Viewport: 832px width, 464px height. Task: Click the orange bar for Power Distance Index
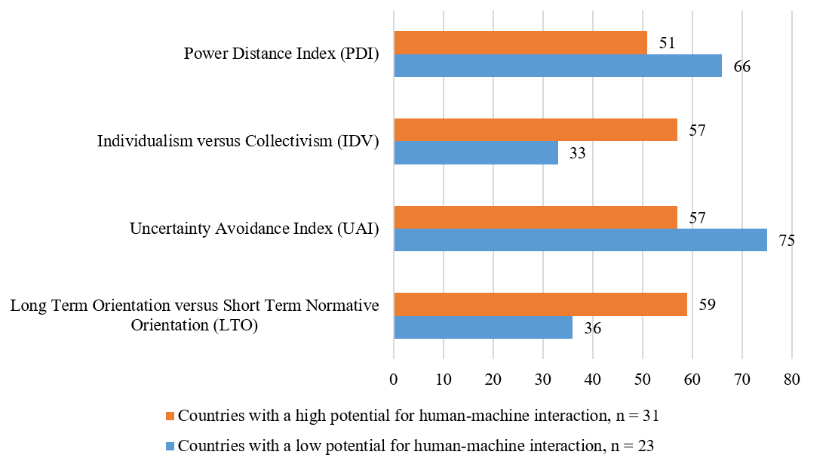point(520,43)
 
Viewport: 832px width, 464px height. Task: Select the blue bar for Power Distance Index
point(557,66)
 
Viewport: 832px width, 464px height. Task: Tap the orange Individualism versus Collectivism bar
point(536,130)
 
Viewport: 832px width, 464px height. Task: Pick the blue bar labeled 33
point(476,153)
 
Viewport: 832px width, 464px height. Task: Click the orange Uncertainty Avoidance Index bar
point(536,217)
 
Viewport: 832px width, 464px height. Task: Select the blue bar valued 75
point(580,240)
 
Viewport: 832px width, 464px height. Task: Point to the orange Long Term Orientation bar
point(540,304)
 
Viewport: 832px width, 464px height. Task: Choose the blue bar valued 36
point(483,327)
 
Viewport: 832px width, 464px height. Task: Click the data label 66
point(742,66)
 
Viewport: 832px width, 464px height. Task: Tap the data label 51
point(668,43)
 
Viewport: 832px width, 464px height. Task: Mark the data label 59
point(707,305)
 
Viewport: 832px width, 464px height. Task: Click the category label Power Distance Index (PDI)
point(281,54)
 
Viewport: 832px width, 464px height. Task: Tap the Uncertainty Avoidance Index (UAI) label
point(253,228)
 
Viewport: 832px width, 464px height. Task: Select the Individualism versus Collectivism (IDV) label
point(238,141)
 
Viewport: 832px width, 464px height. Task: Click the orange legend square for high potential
point(170,416)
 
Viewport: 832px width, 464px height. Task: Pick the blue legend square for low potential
point(170,445)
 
